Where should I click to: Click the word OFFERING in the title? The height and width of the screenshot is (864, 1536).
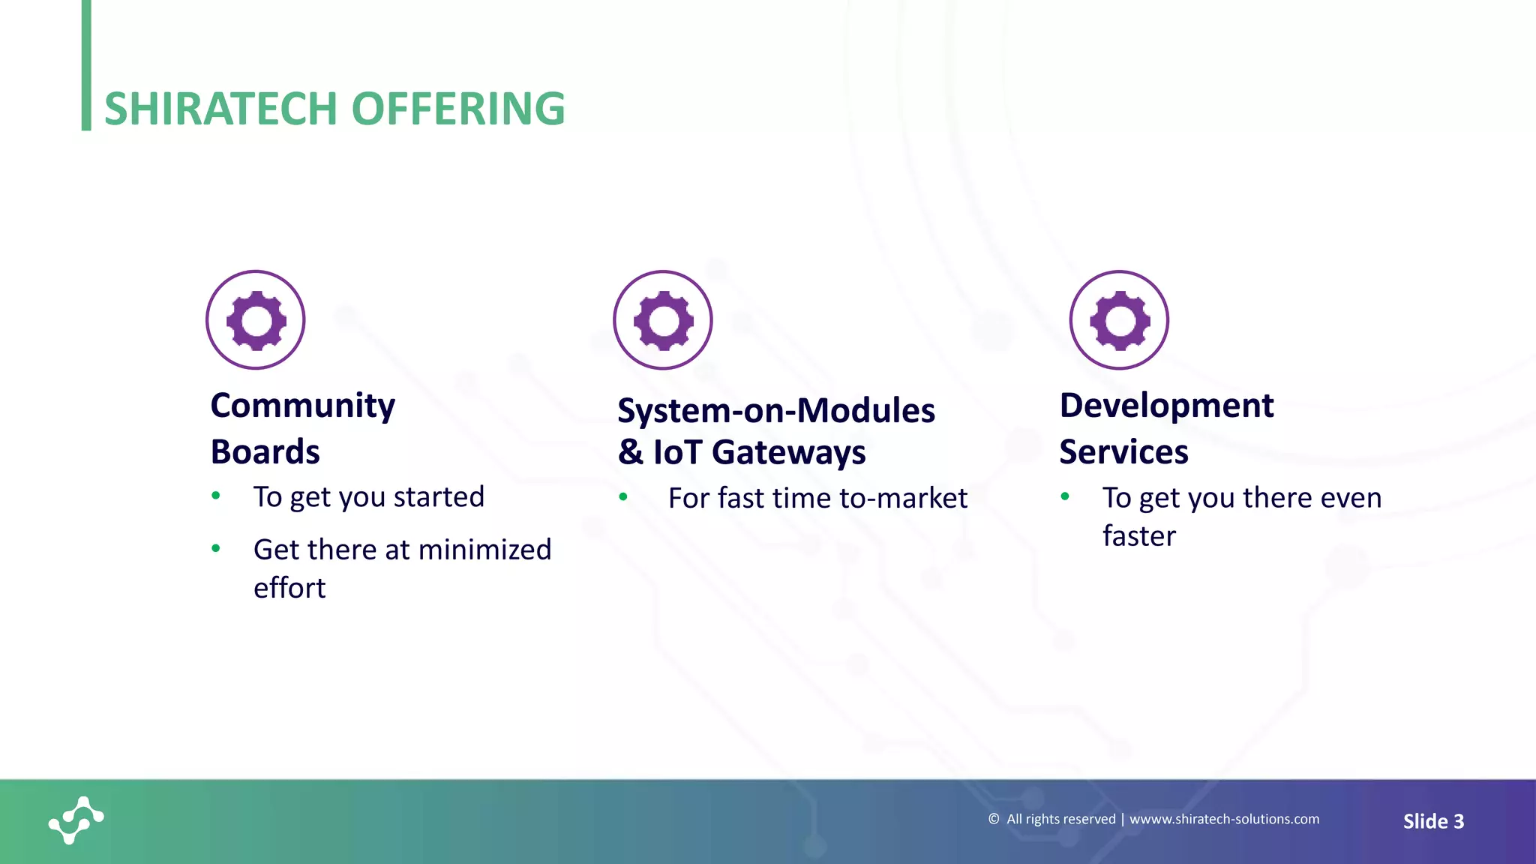457,109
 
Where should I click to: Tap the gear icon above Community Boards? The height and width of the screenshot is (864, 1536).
256,320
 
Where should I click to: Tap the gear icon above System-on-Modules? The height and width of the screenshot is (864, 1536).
663,320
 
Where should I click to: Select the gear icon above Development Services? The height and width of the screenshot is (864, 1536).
1119,320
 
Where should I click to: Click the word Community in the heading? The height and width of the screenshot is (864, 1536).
302,406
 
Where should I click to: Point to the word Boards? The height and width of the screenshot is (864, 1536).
265,452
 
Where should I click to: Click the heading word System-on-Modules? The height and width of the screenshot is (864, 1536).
776,411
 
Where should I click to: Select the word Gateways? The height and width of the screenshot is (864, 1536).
788,452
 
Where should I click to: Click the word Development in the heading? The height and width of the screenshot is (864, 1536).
1166,406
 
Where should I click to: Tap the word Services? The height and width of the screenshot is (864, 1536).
1123,452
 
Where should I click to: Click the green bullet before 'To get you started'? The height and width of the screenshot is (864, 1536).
216,495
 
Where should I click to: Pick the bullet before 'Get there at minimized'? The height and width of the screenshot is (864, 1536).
216,548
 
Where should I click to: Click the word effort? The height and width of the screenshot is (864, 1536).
289,588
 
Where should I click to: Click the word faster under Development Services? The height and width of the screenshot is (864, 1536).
1138,536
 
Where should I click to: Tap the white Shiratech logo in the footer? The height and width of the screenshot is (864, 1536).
76,820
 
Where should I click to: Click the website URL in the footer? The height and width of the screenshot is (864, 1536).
1224,819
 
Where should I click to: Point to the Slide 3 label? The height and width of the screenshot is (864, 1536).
1433,821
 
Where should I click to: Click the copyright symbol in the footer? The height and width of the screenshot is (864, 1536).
994,819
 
